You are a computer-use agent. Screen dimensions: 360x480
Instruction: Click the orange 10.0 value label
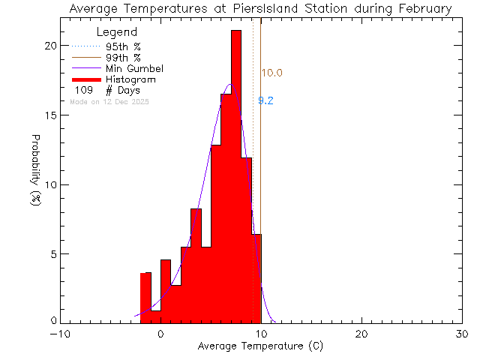point(271,73)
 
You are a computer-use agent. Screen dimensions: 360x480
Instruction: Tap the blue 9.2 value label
point(265,100)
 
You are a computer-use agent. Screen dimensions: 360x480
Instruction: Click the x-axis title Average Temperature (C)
point(260,346)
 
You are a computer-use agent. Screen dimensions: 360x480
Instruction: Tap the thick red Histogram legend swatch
point(85,79)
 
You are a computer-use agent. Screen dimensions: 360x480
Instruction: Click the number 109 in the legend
point(84,90)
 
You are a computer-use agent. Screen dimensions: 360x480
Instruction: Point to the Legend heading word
point(118,32)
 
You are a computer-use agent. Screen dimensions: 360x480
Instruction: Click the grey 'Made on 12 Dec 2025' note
point(109,101)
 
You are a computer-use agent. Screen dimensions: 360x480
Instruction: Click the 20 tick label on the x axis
point(362,334)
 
